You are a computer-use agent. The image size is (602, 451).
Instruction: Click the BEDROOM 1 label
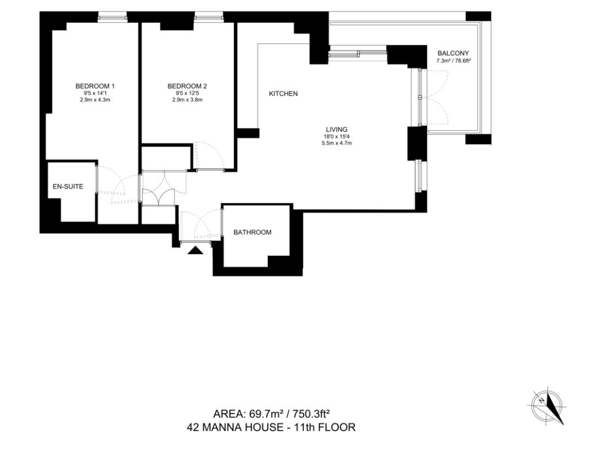click(x=95, y=86)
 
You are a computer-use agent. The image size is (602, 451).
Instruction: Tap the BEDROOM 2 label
click(x=187, y=86)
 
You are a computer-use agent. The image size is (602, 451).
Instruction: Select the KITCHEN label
click(x=284, y=94)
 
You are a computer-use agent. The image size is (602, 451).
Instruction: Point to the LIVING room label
click(x=337, y=130)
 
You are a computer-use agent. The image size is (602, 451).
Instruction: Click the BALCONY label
click(x=453, y=54)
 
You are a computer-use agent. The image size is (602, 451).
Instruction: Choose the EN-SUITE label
click(x=68, y=187)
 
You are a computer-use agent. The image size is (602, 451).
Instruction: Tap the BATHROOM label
click(x=253, y=232)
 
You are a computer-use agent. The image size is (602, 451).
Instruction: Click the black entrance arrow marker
click(x=195, y=251)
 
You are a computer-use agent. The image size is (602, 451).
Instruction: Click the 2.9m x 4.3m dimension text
click(x=95, y=100)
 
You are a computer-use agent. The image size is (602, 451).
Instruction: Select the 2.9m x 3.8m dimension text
click(x=187, y=100)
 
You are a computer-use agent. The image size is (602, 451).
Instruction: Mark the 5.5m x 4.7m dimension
click(x=337, y=143)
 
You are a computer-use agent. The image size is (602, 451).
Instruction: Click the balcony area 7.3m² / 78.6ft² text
click(x=454, y=61)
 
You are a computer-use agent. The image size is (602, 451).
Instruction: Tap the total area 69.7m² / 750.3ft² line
click(x=272, y=414)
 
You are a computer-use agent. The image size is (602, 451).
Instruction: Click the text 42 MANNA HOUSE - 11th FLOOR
click(x=271, y=427)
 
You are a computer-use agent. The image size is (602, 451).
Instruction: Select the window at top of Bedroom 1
click(x=112, y=17)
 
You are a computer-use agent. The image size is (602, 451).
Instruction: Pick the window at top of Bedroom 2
click(x=208, y=17)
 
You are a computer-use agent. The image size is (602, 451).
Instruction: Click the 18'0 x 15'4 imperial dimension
click(x=337, y=136)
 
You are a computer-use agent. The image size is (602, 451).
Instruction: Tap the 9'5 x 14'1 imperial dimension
click(x=95, y=93)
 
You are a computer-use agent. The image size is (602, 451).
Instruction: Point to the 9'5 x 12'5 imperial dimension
click(x=187, y=93)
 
